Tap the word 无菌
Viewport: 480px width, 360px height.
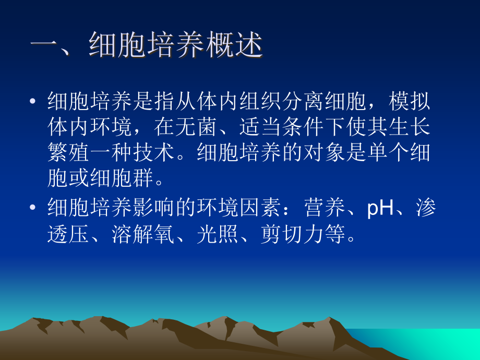pyautogui.click(x=194, y=127)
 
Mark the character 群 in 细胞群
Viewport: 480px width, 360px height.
pyautogui.click(x=143, y=179)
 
